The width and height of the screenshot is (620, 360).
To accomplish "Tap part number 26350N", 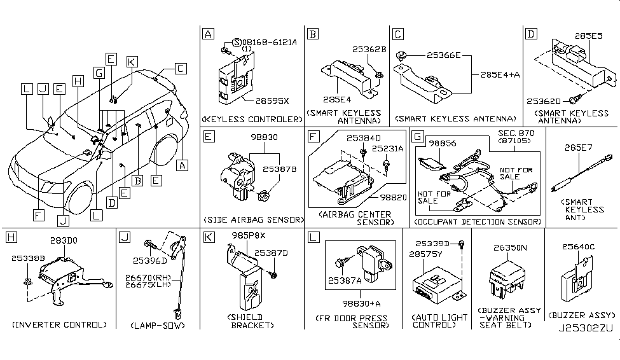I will click(507, 244).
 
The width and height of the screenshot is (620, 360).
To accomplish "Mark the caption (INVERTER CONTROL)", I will click(59, 325).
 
